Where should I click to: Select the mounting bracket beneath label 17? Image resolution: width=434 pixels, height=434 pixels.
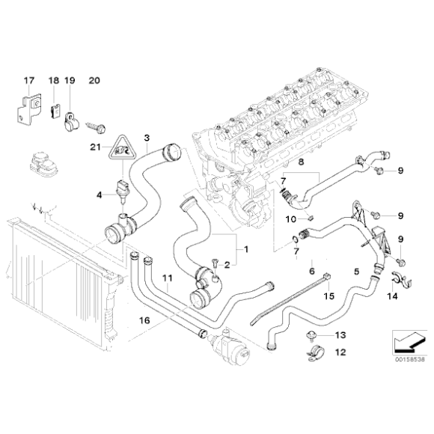point(29,106)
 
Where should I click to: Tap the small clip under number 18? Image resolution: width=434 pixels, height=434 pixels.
point(55,109)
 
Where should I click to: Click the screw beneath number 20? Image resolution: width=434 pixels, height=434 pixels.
point(98,118)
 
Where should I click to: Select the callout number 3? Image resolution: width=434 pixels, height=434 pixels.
point(147,138)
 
